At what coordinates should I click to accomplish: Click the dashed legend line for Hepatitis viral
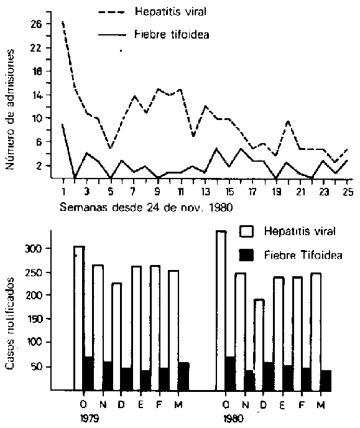pyautogui.click(x=111, y=12)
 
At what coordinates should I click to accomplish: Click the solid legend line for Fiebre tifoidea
pyautogui.click(x=112, y=35)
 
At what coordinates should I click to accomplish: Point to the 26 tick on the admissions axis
pyautogui.click(x=36, y=24)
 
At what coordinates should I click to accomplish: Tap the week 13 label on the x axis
pyautogui.click(x=205, y=192)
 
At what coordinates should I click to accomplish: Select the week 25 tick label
pyautogui.click(x=348, y=192)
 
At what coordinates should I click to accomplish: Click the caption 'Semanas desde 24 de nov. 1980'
pyautogui.click(x=147, y=208)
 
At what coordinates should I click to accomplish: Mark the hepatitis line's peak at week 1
pyautogui.click(x=63, y=22)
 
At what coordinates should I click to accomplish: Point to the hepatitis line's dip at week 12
pyautogui.click(x=193, y=136)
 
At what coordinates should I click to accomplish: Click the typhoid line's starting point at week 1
pyautogui.click(x=63, y=125)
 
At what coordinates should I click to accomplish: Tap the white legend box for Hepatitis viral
pyautogui.click(x=247, y=232)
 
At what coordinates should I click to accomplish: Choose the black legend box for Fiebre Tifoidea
pyautogui.click(x=246, y=255)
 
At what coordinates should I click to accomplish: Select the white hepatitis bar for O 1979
pyautogui.click(x=79, y=318)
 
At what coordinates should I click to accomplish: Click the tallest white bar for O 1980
pyautogui.click(x=221, y=310)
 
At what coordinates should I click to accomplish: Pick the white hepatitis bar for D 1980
pyautogui.click(x=259, y=345)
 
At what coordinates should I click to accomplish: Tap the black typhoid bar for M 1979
pyautogui.click(x=184, y=376)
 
